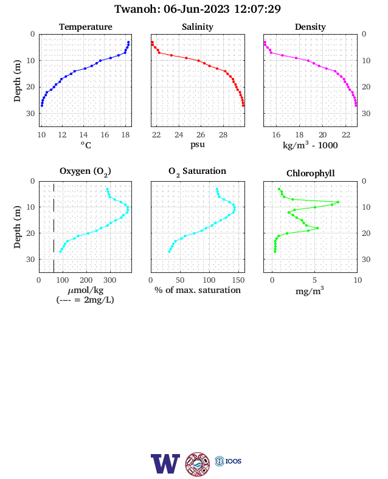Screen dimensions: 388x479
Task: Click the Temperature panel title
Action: pos(86,27)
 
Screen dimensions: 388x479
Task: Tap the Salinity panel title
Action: pos(198,27)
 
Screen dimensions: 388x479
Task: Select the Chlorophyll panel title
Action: pos(310,173)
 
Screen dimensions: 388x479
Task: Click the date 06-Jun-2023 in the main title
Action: pos(196,9)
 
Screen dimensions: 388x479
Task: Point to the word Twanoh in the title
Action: pos(137,9)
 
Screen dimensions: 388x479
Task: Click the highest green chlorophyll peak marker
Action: pos(338,202)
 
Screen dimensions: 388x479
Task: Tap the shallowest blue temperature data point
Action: pos(128,42)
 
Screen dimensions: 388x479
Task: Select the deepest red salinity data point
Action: pos(243,106)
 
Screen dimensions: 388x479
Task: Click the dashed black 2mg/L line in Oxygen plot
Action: pos(54,227)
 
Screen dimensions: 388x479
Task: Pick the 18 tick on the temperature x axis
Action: pos(125,135)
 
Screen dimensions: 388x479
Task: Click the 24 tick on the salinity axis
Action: pos(179,135)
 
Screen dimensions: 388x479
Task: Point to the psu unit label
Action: pos(198,145)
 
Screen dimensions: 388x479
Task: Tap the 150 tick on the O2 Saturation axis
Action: pos(238,280)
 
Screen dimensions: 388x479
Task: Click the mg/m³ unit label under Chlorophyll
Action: pos(310,291)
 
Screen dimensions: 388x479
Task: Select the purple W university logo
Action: pos(165,464)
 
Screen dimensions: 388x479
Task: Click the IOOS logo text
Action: pos(234,461)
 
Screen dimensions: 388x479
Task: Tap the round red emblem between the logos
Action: pos(198,464)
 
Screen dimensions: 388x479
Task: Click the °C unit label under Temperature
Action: pos(86,145)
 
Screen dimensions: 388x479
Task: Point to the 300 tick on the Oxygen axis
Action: pos(109,280)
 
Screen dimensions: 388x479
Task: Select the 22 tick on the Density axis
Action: pos(346,135)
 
